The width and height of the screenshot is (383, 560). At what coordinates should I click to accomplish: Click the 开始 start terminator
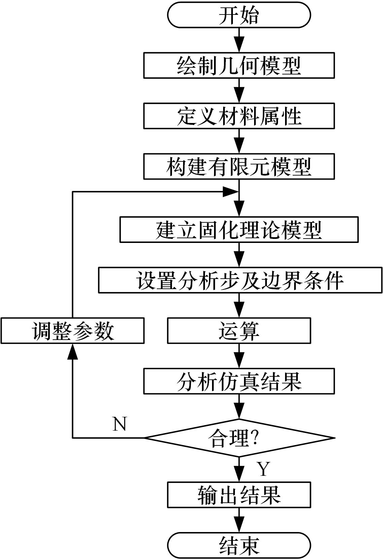pos(239,15)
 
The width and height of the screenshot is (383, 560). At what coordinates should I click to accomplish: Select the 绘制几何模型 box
pos(239,65)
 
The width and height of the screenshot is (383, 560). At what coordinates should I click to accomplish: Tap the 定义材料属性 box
pos(239,116)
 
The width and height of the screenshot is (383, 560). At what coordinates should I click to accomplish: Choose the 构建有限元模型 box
pos(239,166)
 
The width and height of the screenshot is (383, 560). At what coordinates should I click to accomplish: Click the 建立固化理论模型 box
pos(239,229)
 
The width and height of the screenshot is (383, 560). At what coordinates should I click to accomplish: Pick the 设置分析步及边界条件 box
pos(240,280)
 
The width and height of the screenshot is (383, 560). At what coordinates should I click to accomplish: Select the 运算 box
pos(239,331)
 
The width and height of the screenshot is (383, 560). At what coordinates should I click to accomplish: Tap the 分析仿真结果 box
pos(239,381)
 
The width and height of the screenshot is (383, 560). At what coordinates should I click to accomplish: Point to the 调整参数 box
pos(72,331)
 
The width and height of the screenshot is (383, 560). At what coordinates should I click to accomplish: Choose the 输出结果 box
pos(239,495)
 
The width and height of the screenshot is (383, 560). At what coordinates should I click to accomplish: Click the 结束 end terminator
pos(239,546)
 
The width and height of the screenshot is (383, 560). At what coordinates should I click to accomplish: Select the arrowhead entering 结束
pos(239,525)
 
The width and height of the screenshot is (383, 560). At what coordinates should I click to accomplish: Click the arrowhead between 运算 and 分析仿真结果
pos(239,360)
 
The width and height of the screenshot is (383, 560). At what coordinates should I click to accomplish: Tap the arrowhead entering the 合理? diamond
pos(239,411)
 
